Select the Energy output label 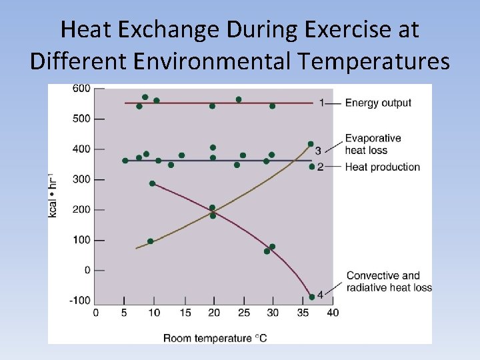tap(378, 103)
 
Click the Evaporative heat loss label tap(373, 144)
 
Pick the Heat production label tap(382, 167)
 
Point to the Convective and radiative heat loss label tap(389, 281)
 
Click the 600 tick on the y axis tap(82, 89)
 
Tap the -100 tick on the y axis tap(80, 301)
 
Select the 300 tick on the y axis tap(82, 179)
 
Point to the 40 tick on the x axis tap(333, 312)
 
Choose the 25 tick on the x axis tap(243, 312)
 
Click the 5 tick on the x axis tap(125, 312)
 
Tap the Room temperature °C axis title tap(215, 338)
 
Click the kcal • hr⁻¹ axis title tap(53, 194)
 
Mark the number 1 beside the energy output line tap(321, 103)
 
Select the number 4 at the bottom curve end tap(320, 294)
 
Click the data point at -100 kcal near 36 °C tap(311, 297)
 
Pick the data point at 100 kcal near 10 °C tap(150, 241)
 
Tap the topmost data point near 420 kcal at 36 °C tap(311, 144)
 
